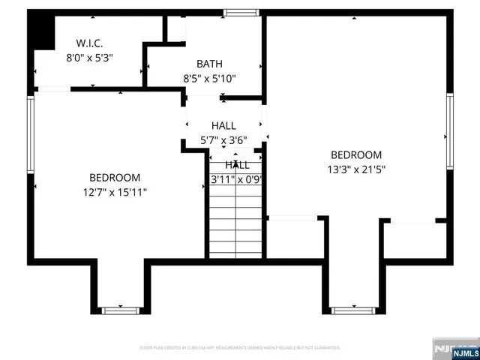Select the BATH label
tap(209, 64)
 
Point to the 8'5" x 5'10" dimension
tap(209, 78)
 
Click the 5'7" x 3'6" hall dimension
tap(223, 140)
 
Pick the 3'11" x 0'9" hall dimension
tap(236, 179)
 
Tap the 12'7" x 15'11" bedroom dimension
tap(115, 192)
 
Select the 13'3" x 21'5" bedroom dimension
tap(357, 169)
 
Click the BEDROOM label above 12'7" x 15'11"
tap(115, 178)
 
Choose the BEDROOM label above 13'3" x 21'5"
tap(357, 155)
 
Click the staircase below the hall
tap(236, 221)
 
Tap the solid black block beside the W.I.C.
tap(42, 31)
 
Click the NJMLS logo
tap(455, 349)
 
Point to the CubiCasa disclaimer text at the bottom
tap(240, 348)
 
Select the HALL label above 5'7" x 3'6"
tap(223, 126)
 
